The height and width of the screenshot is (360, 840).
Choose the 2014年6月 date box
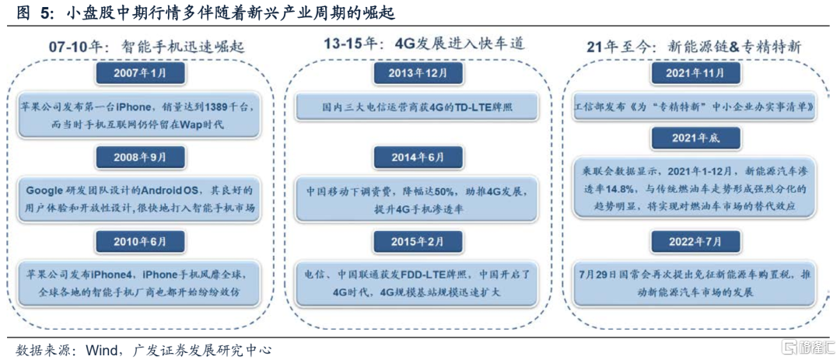coord(417,158)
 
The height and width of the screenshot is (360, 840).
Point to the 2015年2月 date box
coord(417,240)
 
